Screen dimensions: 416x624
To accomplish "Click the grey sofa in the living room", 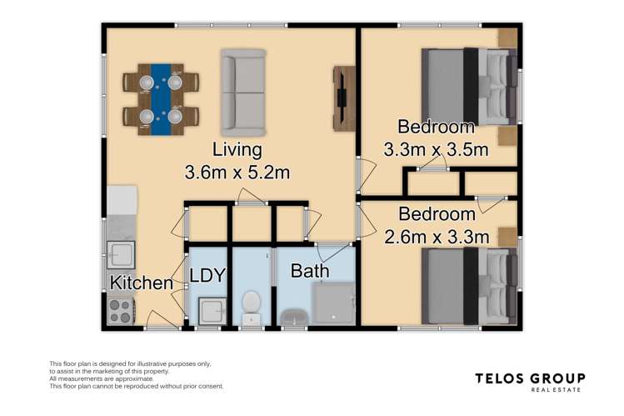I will [243, 93].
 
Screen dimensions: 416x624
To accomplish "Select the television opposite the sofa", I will [342, 98].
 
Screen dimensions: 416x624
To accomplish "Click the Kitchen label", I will [142, 283].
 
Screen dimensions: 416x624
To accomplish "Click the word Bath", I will [309, 271].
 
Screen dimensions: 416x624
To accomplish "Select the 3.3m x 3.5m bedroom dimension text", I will [436, 151].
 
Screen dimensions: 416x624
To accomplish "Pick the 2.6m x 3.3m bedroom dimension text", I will [436, 237].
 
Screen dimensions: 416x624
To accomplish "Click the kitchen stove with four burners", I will [121, 311].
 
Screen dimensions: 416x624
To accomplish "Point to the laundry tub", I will [211, 311].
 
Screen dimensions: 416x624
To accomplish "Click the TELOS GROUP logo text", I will [530, 378].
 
